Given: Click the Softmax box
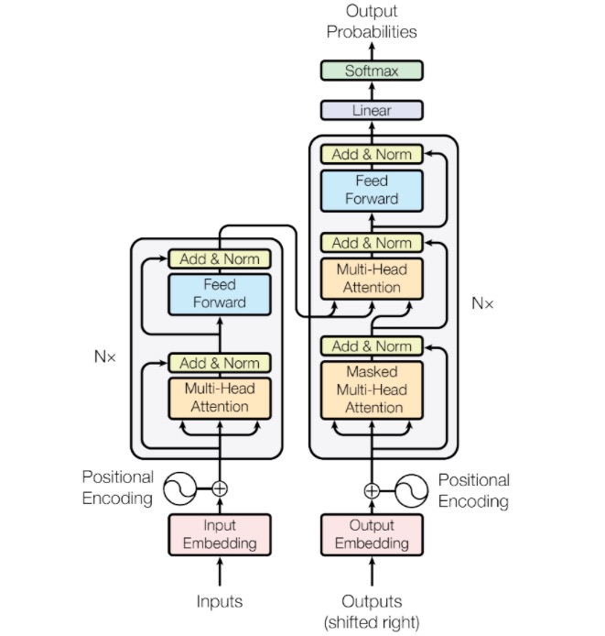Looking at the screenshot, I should coord(372,71).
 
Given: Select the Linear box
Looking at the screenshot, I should coord(372,110).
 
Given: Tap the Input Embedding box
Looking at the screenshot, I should coord(220,534).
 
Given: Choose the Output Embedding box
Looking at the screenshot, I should coord(372,534).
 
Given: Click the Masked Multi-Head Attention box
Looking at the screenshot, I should coord(372,389).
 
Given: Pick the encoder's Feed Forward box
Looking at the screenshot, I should coord(220,293).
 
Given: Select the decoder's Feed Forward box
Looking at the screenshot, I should coord(372,190).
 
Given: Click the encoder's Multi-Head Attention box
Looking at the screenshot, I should coord(220,397).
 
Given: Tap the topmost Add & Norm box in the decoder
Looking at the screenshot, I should coord(372,154).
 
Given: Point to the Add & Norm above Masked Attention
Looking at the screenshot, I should coord(372,346).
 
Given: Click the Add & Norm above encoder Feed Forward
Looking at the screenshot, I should coord(220,258).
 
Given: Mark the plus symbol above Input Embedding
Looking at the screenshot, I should coord(220,488).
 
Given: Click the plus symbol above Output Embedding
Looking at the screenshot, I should coord(372,490).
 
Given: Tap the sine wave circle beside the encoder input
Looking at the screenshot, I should coord(180,488).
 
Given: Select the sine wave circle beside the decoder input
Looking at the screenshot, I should coord(411,490).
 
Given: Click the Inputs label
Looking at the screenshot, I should coord(220,601).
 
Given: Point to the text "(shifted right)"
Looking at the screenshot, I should coord(372,622).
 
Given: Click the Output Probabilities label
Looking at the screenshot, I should coord(372,22).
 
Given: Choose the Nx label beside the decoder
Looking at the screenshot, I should coord(482,302).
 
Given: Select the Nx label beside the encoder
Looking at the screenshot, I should coord(105,356).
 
